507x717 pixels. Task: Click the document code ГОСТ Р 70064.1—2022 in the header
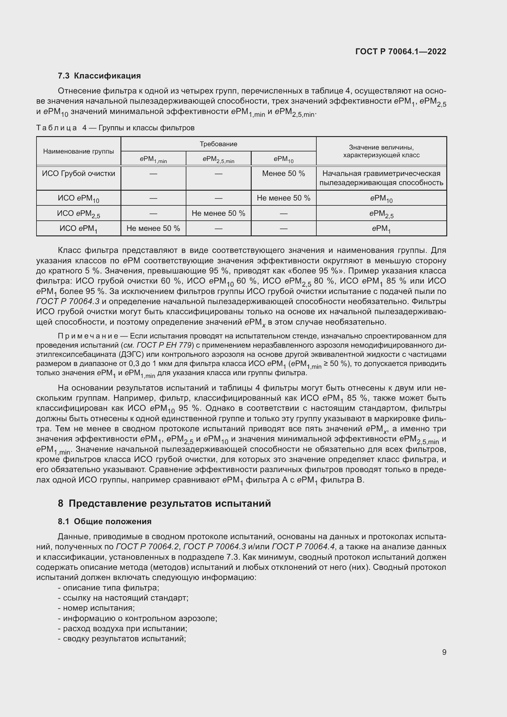click(401, 51)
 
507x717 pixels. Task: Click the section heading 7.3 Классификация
click(99, 76)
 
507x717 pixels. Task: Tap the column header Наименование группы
click(78, 151)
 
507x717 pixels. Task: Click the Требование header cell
click(218, 144)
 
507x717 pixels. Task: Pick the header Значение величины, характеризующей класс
click(381, 151)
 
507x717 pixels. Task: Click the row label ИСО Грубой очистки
click(78, 174)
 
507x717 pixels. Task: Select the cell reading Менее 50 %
click(283, 174)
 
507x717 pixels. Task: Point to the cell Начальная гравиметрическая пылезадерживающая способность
click(381, 178)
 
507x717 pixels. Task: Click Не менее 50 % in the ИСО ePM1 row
click(153, 228)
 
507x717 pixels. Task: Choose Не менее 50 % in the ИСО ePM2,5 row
click(218, 213)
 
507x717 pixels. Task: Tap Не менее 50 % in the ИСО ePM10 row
click(283, 198)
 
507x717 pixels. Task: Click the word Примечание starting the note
click(88, 336)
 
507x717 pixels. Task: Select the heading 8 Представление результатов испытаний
click(164, 503)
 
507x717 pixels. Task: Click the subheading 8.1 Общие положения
click(105, 521)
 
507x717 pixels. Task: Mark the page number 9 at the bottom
click(444, 652)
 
